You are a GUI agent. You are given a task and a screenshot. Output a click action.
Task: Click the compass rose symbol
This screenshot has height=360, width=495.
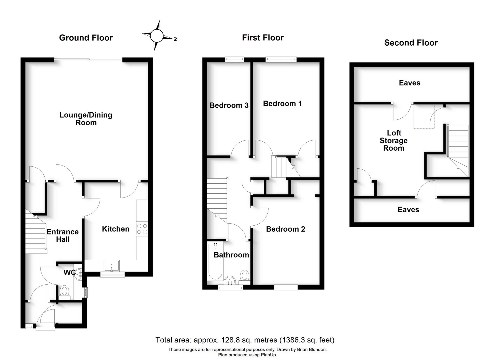pos(157,36)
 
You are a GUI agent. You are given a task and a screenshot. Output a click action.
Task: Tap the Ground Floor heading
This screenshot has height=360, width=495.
pos(86,38)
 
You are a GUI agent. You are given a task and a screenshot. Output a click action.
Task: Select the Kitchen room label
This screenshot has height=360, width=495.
pos(115,229)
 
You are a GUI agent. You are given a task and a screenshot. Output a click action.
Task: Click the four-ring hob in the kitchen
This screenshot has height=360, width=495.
pos(142,229)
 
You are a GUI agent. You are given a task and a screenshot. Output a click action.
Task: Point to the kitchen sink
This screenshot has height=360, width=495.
pos(112,266)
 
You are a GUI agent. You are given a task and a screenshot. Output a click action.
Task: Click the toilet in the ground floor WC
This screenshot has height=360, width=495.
pos(64,292)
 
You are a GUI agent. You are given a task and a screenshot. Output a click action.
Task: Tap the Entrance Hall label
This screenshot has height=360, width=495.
pos(63,235)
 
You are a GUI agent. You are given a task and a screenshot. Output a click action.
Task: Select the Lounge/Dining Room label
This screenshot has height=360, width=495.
pos(86,119)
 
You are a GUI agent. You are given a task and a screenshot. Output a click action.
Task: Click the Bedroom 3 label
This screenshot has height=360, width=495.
pos(229,105)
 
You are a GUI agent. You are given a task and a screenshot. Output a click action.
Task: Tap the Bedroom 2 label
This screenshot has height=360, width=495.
pos(285,229)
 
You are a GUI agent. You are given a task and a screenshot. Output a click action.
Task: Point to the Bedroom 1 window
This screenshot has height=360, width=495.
pos(281,60)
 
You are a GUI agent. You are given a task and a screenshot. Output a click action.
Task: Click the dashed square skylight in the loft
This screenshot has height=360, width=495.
pos(424,117)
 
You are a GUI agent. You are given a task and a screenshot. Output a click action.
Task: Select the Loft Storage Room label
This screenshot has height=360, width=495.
pos(394,141)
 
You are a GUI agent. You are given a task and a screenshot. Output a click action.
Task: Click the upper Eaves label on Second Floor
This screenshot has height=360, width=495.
pos(409,83)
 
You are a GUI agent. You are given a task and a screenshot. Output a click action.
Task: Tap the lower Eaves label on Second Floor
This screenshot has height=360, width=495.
pos(408,210)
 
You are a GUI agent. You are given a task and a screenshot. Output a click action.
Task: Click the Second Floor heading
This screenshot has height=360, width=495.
pos(411,43)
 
